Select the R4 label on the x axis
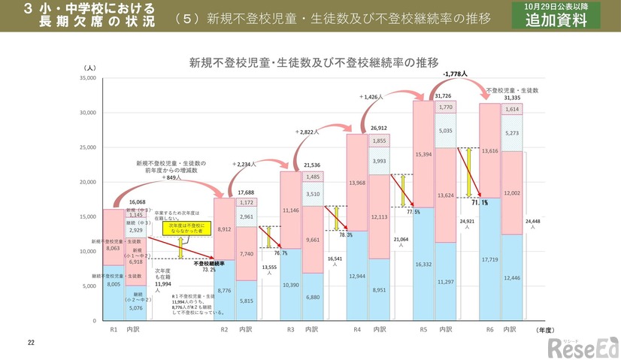pyautogui.click(x=357, y=329)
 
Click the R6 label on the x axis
pyautogui.click(x=489, y=329)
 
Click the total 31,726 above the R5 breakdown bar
pyautogui.click(x=443, y=96)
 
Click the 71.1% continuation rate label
pyautogui.click(x=480, y=202)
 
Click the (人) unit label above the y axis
pyautogui.click(x=89, y=68)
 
